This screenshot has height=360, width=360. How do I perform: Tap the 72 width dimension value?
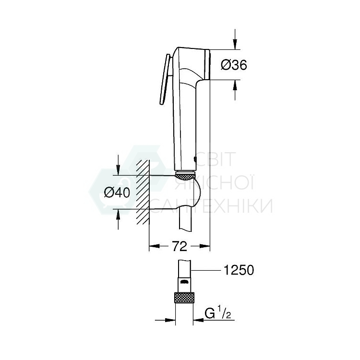(179, 247)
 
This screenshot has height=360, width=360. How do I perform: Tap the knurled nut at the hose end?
(185, 297)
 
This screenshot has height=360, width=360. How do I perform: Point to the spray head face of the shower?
(208, 64)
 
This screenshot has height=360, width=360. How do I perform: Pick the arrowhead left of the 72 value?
(154, 247)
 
